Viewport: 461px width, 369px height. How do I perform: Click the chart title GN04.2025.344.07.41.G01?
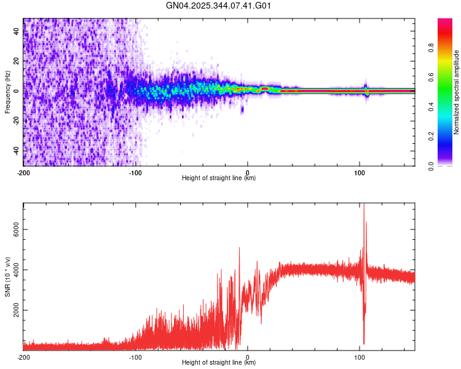pos(219,6)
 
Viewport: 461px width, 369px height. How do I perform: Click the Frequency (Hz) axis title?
pos(7,92)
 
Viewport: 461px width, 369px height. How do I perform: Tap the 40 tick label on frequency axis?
pos(16,31)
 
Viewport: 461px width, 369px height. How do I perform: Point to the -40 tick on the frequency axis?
pos(16,151)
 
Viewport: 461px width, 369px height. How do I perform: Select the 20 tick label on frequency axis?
pos(16,61)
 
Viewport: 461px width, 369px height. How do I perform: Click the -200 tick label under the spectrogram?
pos(23,172)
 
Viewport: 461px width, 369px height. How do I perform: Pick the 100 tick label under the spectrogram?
pos(360,172)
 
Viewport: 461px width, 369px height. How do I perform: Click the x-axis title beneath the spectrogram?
pos(219,178)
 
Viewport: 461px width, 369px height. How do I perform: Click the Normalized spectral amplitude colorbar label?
pos(457,92)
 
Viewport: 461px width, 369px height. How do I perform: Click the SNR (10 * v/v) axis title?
pos(7,276)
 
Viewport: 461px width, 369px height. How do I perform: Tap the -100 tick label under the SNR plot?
pos(135,356)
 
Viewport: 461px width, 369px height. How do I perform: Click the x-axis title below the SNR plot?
pos(219,363)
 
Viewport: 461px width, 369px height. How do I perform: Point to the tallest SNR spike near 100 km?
pos(364,205)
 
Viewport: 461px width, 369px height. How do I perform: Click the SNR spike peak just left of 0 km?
pos(239,248)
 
